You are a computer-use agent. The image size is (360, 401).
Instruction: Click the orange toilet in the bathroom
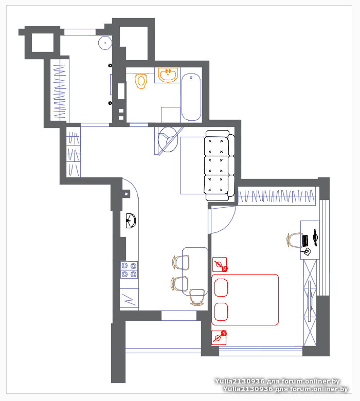(140, 81)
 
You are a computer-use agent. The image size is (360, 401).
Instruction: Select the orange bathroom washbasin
(168, 75)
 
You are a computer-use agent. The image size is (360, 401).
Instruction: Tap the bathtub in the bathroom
(191, 97)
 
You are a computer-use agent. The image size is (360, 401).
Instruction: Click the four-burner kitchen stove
(129, 270)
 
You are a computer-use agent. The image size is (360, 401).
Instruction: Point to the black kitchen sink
(131, 221)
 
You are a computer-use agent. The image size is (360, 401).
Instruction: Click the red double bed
(245, 300)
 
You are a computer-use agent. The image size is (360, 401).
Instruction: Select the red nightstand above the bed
(220, 264)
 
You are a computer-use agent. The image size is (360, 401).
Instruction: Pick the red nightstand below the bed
(219, 338)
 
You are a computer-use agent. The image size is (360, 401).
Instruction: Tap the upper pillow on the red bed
(221, 288)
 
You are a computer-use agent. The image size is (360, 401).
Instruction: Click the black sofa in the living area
(219, 166)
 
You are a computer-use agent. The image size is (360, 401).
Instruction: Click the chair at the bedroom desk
(294, 241)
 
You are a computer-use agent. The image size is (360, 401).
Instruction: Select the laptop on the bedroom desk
(305, 241)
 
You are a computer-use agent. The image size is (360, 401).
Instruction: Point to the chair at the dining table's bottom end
(197, 297)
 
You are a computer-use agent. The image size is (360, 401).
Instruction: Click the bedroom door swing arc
(228, 225)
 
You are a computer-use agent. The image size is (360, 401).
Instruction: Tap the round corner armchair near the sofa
(168, 140)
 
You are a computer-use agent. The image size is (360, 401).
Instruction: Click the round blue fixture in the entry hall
(105, 43)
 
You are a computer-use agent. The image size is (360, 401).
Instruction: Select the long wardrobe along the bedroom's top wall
(277, 196)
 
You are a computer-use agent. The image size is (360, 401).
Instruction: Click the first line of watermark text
(277, 381)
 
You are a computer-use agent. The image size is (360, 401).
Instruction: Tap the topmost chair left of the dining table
(181, 262)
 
